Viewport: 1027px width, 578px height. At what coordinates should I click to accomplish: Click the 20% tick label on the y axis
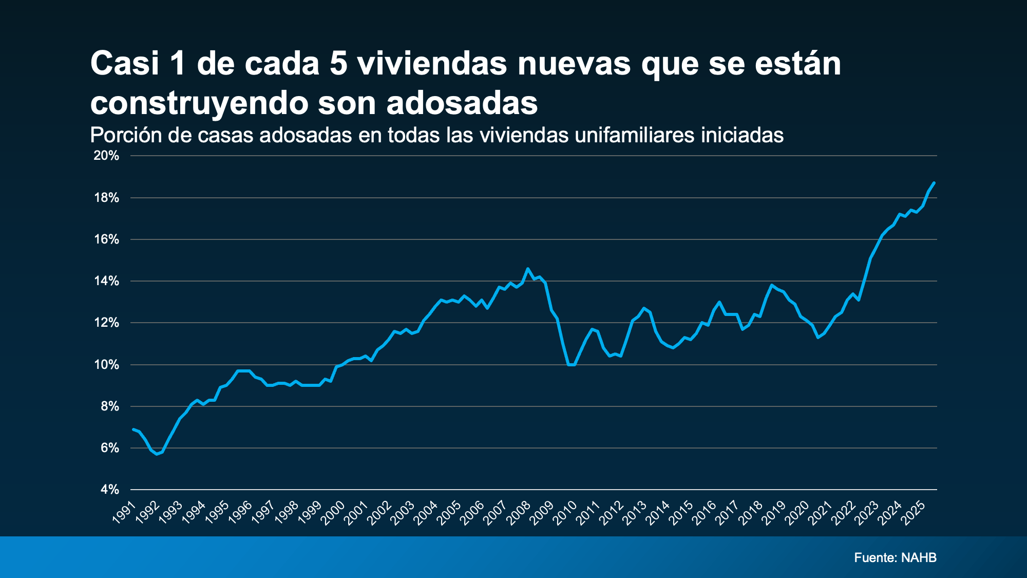[106, 156]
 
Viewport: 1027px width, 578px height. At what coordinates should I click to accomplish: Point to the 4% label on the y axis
[109, 490]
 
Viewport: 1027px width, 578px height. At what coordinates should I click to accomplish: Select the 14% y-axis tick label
[106, 281]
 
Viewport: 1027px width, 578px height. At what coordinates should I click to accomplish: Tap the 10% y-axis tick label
[106, 365]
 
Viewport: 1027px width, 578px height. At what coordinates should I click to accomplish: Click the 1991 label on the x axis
[124, 513]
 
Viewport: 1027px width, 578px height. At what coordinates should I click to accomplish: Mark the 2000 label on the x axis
[333, 513]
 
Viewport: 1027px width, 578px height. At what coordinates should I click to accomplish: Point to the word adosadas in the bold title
[462, 103]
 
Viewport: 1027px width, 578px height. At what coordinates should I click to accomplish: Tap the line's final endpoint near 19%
[934, 182]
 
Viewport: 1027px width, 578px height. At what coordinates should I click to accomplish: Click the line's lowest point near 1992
[157, 454]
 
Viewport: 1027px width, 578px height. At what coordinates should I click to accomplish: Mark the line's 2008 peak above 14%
[528, 269]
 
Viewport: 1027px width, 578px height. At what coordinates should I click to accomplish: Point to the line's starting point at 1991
[134, 429]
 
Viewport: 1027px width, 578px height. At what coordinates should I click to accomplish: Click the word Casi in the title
[125, 64]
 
